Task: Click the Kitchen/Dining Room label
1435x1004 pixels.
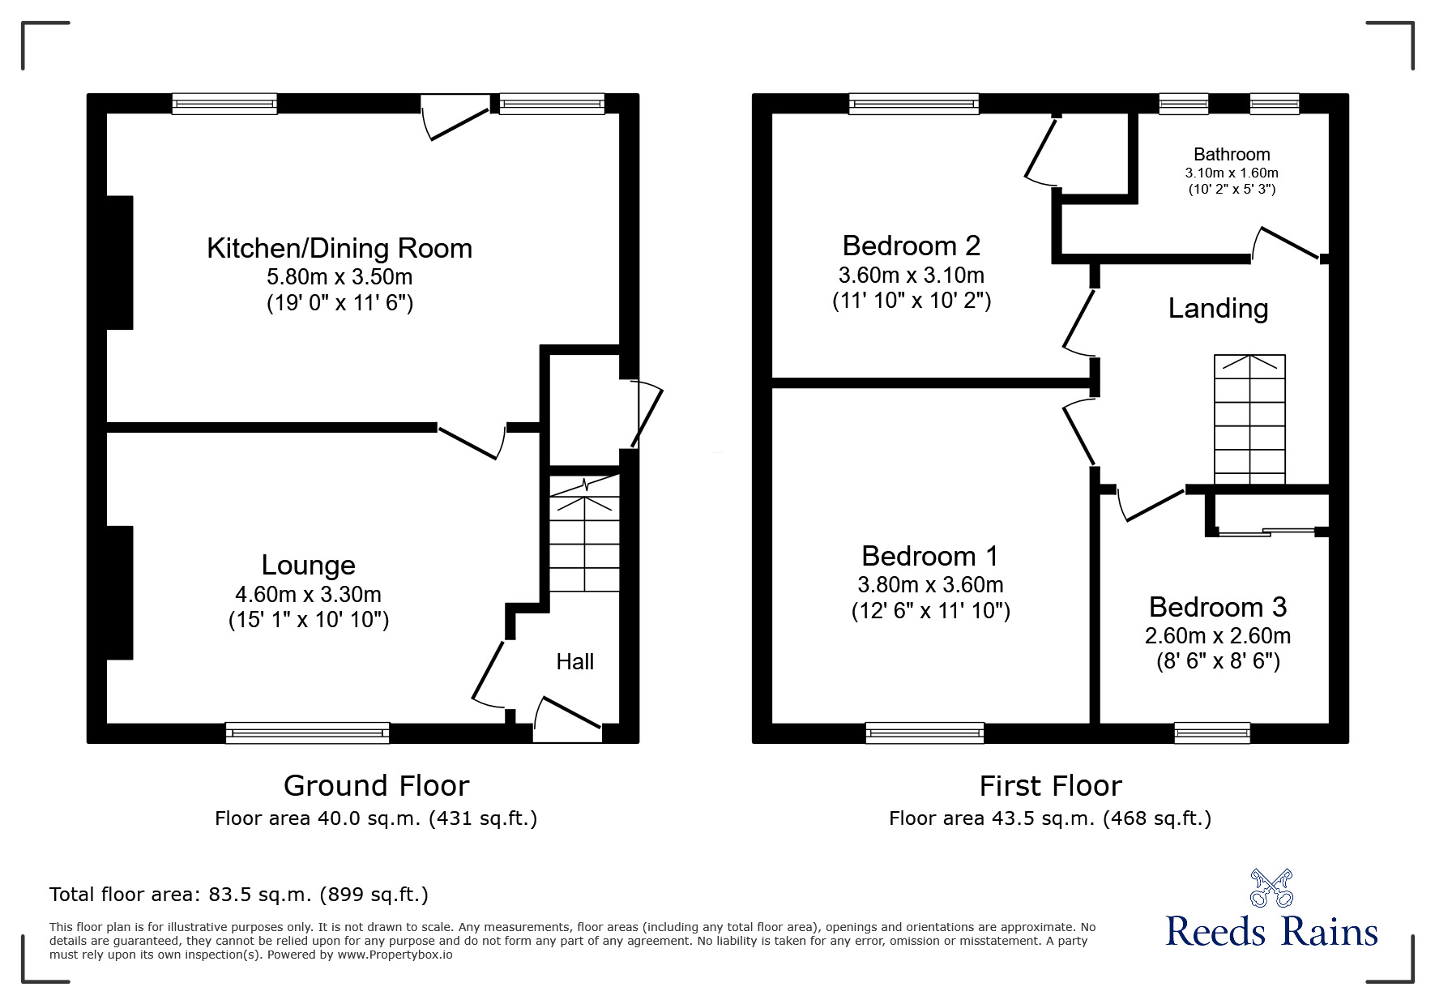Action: (x=340, y=248)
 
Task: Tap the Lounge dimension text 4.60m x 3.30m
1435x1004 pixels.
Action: (x=308, y=594)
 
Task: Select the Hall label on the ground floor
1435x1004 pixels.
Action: (x=574, y=662)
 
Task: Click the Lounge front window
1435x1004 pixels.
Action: (x=307, y=733)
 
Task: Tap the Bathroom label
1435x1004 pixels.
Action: (x=1232, y=154)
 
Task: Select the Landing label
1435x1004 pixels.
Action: (x=1218, y=309)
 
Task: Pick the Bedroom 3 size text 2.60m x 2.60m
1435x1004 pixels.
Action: (x=1218, y=636)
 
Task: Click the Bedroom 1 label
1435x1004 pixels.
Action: (x=930, y=556)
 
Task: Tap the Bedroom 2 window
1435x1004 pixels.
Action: (x=914, y=103)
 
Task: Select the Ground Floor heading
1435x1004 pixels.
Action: (x=376, y=785)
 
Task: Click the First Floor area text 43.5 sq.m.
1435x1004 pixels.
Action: (x=1050, y=818)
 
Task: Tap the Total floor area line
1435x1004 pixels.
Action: (x=239, y=895)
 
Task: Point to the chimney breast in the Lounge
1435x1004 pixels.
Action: (x=120, y=592)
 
